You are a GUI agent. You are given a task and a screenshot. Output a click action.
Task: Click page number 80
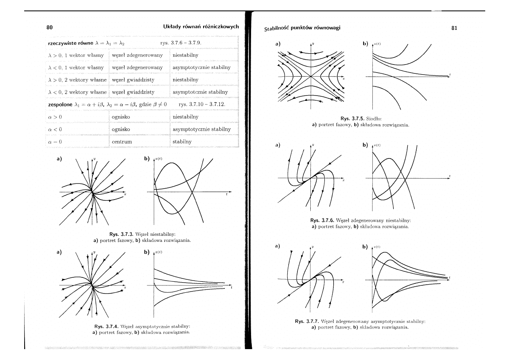[x=50, y=27]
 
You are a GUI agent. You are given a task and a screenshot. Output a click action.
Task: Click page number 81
[x=455, y=28]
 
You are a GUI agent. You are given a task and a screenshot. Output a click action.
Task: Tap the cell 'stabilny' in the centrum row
[x=182, y=142]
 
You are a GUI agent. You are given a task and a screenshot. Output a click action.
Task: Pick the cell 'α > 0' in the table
[x=54, y=117]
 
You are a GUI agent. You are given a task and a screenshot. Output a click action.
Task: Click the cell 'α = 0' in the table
[x=54, y=142]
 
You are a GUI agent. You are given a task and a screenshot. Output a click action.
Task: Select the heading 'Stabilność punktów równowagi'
[x=302, y=28]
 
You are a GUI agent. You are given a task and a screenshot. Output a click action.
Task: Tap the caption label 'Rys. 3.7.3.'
[x=122, y=234]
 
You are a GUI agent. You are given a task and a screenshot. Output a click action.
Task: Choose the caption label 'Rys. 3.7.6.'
[x=324, y=221]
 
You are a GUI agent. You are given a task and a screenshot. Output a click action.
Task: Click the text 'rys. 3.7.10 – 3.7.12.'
[x=202, y=104]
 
